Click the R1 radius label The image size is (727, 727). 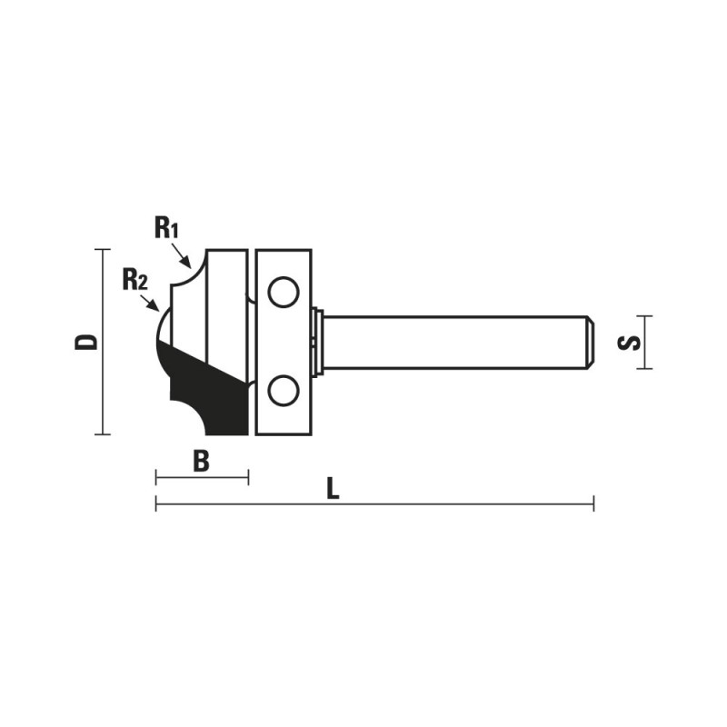pos(166,228)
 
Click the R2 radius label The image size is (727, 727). pos(134,280)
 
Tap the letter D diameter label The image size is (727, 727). pos(86,342)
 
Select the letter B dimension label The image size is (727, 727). pos(201,462)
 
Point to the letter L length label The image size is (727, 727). pos(333,489)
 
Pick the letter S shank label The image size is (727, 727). pos(629,343)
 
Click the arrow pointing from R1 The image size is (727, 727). pos(181,257)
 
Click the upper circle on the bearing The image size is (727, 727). pos(283,292)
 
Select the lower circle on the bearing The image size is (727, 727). pos(283,391)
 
